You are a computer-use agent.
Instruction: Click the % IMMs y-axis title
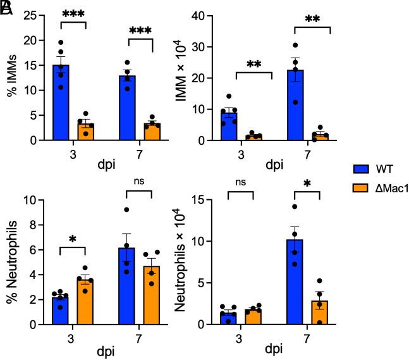(x=11, y=78)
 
